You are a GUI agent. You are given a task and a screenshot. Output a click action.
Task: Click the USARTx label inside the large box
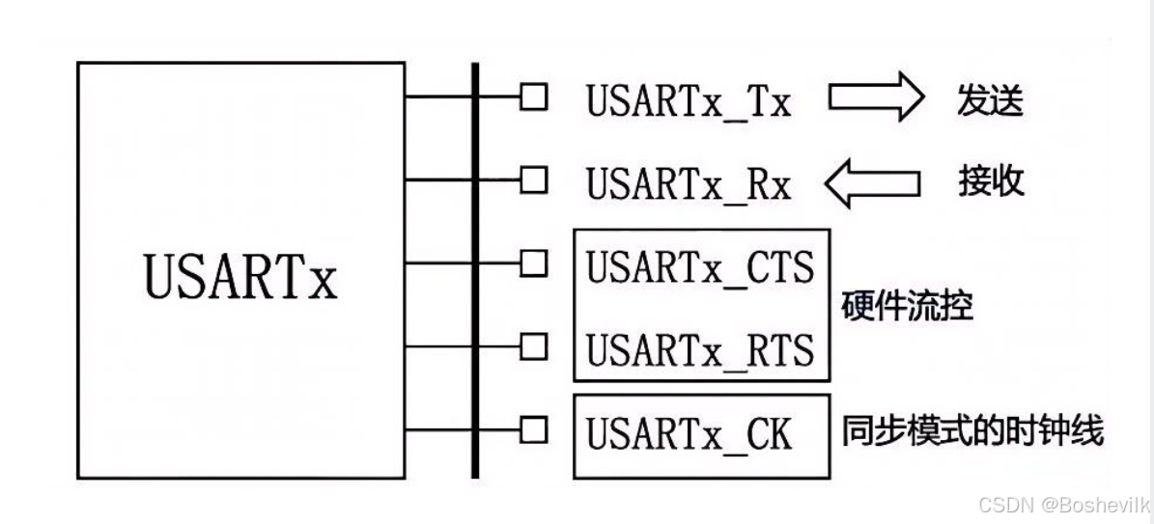click(240, 276)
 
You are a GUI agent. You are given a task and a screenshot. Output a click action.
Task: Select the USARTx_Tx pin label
click(689, 101)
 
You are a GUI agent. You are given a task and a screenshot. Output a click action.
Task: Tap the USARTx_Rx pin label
click(689, 183)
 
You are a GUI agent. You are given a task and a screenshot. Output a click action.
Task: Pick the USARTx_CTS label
click(701, 266)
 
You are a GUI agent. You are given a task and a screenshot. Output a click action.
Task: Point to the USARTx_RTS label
click(701, 348)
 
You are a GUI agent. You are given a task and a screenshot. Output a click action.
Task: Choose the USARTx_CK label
click(689, 434)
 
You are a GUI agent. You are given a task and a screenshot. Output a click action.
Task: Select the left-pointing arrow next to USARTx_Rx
click(871, 183)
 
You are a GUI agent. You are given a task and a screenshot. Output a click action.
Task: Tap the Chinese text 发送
click(990, 99)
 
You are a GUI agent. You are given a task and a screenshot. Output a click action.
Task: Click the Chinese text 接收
click(991, 181)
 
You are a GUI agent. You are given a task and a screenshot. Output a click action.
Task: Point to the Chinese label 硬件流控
click(907, 308)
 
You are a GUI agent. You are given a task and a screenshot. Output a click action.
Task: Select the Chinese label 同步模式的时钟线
click(972, 431)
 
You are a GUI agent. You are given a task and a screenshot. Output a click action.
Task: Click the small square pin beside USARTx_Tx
click(533, 97)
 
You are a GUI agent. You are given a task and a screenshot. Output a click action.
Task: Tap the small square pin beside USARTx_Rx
click(533, 179)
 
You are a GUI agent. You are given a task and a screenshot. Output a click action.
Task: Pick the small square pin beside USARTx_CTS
click(533, 262)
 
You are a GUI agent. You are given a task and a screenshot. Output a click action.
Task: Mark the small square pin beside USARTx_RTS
click(533, 345)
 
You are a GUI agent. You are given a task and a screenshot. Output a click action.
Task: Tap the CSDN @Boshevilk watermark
click(1063, 505)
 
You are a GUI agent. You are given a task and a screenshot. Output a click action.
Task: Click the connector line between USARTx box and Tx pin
click(438, 97)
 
